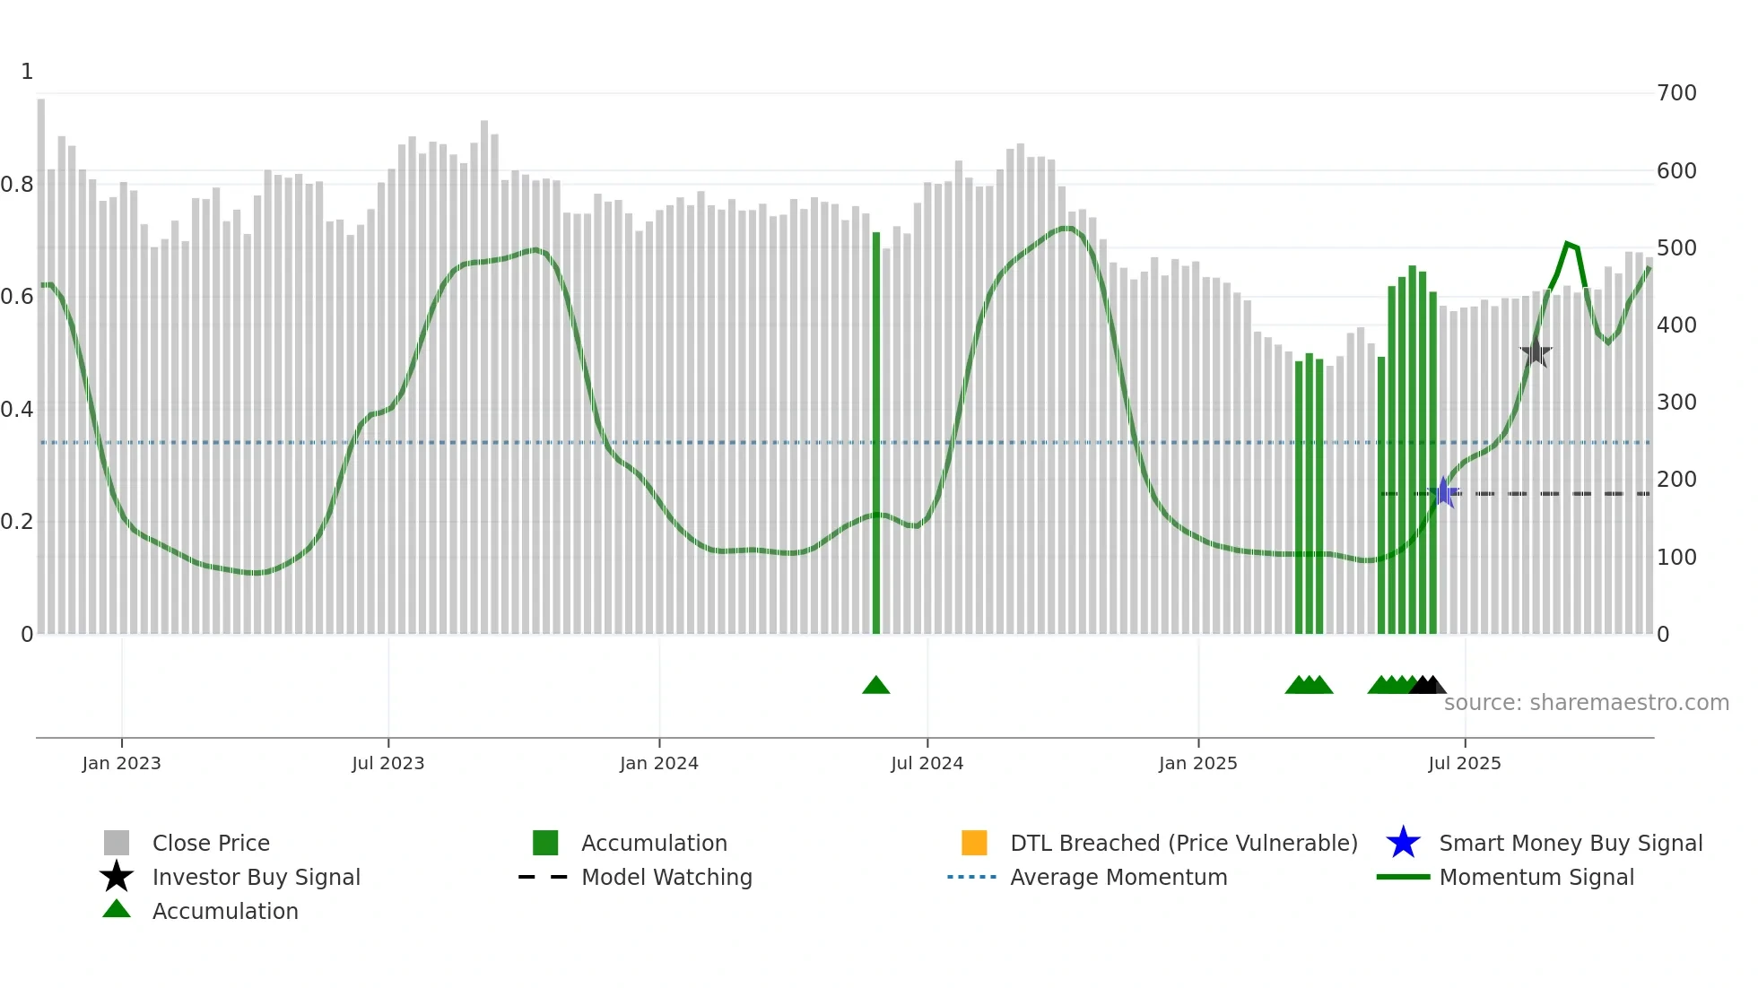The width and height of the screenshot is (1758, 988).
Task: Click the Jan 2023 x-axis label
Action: (x=121, y=763)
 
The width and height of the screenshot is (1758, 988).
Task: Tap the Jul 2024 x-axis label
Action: (x=927, y=763)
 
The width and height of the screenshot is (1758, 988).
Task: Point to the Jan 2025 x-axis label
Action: (x=1197, y=763)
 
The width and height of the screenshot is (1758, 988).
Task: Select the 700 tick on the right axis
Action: (x=1676, y=93)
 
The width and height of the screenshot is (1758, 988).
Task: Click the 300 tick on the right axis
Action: (x=1676, y=403)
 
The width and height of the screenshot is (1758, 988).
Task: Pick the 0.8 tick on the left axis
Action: (x=18, y=185)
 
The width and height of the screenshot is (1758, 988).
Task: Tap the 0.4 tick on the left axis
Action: (x=18, y=410)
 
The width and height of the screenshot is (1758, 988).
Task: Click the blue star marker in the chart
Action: (x=1443, y=492)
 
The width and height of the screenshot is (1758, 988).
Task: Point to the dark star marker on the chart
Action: (x=1536, y=351)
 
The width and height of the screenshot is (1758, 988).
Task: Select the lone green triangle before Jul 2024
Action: (x=875, y=686)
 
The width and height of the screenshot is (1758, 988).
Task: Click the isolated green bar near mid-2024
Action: (x=876, y=430)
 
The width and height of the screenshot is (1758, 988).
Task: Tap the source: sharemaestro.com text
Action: (x=1586, y=703)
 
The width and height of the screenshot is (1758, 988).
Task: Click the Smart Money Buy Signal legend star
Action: (x=1403, y=843)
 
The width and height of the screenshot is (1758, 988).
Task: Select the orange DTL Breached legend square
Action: (x=974, y=843)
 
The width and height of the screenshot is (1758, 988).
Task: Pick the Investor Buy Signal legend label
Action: (x=256, y=877)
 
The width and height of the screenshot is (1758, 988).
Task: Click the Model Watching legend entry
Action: (x=666, y=877)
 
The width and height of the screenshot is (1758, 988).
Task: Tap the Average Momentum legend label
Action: (x=1118, y=877)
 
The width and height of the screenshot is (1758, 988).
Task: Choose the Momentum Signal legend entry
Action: (x=1536, y=877)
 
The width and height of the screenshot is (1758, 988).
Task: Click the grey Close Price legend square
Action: (x=117, y=843)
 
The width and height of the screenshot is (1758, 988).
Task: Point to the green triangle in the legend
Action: (x=117, y=909)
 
